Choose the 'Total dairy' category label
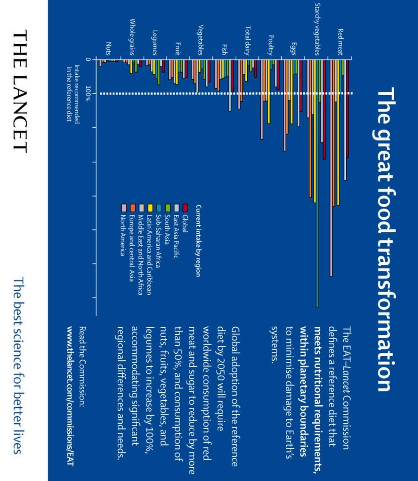(x=248, y=41)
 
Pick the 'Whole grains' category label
(x=132, y=37)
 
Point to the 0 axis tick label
(x=88, y=59)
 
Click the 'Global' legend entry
(x=185, y=222)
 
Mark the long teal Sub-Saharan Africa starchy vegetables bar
(x=317, y=183)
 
